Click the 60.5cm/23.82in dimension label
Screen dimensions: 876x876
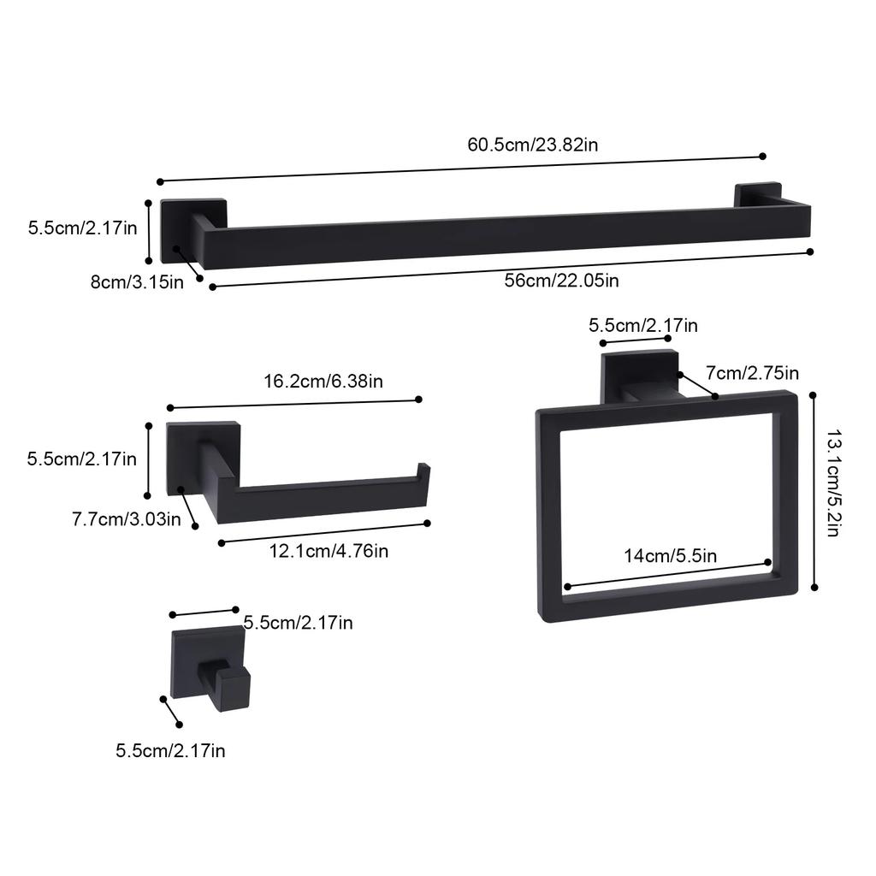[x=532, y=144]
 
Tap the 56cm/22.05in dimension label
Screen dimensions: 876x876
[x=561, y=279]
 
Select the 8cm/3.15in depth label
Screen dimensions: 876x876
[x=137, y=281]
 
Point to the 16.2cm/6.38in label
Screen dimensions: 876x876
[x=323, y=381]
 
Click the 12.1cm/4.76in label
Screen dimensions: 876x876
[x=329, y=551]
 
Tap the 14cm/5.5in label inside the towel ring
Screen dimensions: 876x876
[x=670, y=555]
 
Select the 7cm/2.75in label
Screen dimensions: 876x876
[x=752, y=373]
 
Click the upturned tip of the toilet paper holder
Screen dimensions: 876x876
[x=423, y=476]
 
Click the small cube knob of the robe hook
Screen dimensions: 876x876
[x=234, y=688]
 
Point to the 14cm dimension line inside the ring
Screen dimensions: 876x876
[x=667, y=575]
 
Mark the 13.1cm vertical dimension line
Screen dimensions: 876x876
[x=814, y=491]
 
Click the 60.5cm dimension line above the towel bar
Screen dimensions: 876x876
[x=461, y=169]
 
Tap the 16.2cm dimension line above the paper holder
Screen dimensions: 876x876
[x=294, y=404]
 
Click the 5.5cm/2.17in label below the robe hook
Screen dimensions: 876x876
[x=170, y=751]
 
